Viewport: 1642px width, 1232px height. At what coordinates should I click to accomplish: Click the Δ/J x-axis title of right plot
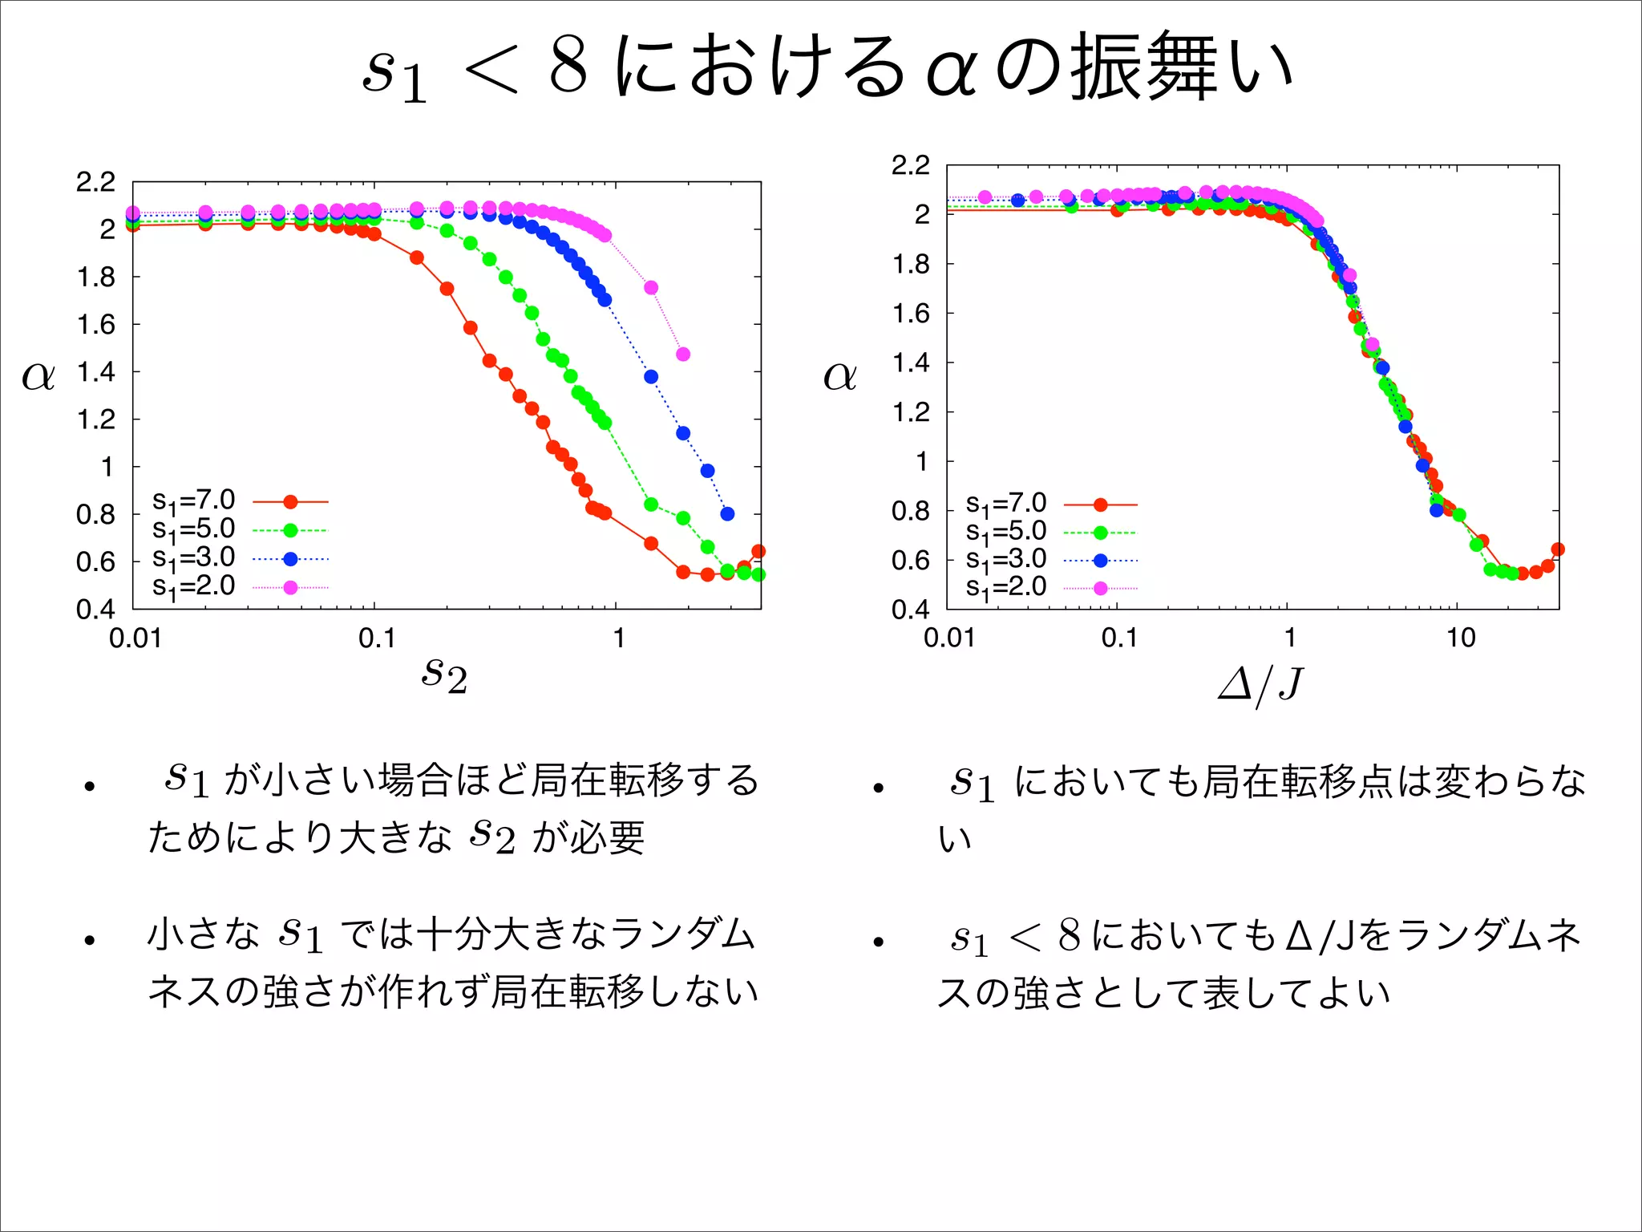tap(1260, 684)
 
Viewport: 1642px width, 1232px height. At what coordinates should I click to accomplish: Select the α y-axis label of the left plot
tap(38, 375)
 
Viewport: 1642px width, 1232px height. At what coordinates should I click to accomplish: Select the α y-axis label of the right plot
tap(839, 375)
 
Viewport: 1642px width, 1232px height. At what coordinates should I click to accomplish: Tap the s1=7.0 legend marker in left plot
tap(290, 502)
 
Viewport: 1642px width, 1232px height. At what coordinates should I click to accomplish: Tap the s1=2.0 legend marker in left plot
tap(290, 588)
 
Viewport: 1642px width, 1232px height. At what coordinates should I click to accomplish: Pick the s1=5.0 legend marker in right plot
tap(1100, 533)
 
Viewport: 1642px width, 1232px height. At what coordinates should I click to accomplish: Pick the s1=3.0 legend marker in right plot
tap(1100, 561)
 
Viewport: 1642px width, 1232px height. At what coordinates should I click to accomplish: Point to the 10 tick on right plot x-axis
tap(1460, 638)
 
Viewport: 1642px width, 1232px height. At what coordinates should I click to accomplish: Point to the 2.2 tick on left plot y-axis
tap(95, 183)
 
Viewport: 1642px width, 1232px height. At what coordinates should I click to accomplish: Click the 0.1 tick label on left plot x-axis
tap(377, 639)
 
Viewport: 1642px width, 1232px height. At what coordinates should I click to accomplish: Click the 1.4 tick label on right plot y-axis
tap(911, 363)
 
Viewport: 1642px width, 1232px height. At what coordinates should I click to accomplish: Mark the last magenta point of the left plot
tap(683, 354)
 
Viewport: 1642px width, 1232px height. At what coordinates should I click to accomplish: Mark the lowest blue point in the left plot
tap(727, 513)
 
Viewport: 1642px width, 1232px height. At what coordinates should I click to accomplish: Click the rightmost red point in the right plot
tap(1558, 549)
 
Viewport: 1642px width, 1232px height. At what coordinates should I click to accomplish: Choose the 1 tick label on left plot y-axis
tap(107, 467)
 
